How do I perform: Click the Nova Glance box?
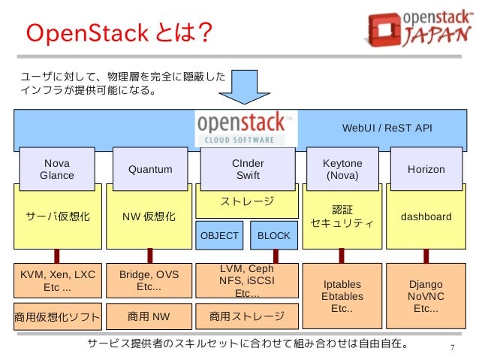(x=56, y=169)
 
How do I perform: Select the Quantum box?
(x=149, y=169)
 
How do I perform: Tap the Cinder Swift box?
(x=248, y=169)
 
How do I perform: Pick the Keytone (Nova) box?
(x=342, y=169)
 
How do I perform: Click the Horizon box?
(x=426, y=169)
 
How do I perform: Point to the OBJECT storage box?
(x=219, y=236)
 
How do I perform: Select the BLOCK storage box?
(x=273, y=236)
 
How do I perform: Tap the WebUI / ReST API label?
(x=387, y=128)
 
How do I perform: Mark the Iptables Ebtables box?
(x=342, y=296)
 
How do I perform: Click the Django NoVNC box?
(x=426, y=296)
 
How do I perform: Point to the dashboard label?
(x=426, y=216)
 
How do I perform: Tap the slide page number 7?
(x=452, y=346)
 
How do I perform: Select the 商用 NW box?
(x=149, y=316)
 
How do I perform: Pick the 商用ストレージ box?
(x=247, y=316)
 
